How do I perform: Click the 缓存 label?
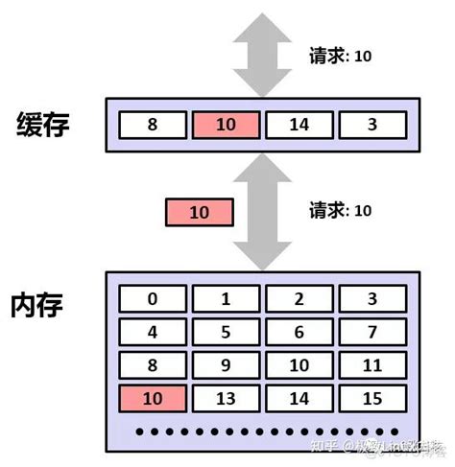tap(43, 125)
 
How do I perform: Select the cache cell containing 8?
tap(152, 125)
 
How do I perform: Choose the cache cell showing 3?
tap(372, 125)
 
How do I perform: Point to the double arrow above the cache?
tap(263, 53)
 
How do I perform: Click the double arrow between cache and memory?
tap(263, 211)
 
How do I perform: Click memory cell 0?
tap(153, 299)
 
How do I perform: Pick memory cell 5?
tap(226, 333)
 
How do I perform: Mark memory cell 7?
tap(373, 333)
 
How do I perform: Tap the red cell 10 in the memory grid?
tap(153, 398)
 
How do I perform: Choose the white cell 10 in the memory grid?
tap(299, 365)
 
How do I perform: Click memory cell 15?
tap(373, 398)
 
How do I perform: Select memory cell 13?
tap(226, 398)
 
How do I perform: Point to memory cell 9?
tap(226, 365)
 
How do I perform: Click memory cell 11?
tap(373, 365)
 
